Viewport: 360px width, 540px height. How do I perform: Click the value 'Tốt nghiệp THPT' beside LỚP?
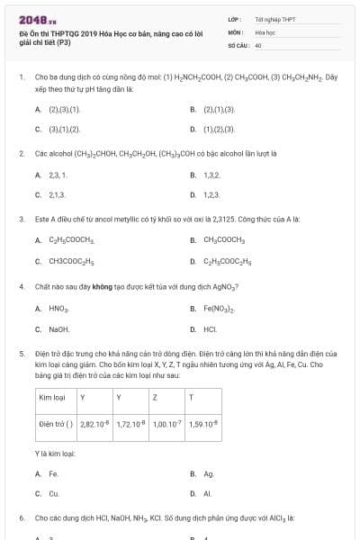tap(274, 18)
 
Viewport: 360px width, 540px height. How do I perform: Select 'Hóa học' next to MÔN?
tap(265, 31)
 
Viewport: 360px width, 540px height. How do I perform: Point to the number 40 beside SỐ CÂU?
tap(258, 44)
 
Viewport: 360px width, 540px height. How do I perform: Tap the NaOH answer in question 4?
tap(58, 329)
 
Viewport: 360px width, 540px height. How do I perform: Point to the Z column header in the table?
tap(156, 396)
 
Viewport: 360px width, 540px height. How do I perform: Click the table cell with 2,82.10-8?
tap(94, 422)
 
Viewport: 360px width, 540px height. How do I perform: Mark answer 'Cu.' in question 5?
tap(54, 493)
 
